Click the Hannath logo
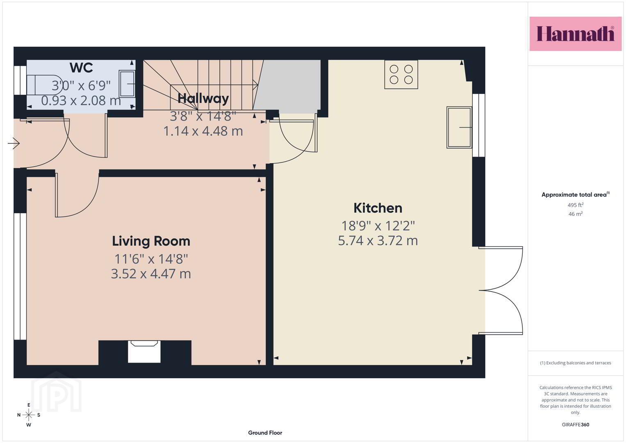pos(576,34)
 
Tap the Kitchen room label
pos(378,208)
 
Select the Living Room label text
pos(151,241)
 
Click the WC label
pos(81,68)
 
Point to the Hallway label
pos(203,98)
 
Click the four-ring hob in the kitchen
pos(401,75)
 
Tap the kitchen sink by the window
pos(459,127)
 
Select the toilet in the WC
pos(45,84)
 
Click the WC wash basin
pos(127,84)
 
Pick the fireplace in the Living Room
pos(144,352)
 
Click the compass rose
pos(29,415)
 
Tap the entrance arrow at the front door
pos(14,144)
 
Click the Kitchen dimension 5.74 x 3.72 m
pos(378,240)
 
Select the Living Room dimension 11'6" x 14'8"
pos(151,259)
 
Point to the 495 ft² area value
pos(576,205)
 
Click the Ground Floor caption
pos(265,433)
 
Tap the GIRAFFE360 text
pos(576,425)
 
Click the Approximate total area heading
pos(576,194)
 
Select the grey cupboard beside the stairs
pos(287,85)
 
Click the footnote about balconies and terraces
pos(576,363)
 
